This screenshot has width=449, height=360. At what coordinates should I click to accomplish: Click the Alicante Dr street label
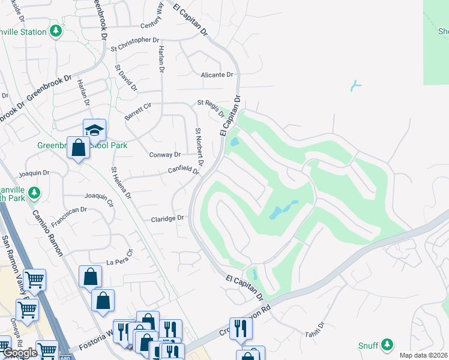pos(217,75)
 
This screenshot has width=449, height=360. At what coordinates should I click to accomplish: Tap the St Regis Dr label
pos(211,108)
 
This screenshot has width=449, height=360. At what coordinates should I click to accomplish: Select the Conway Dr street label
pos(164,155)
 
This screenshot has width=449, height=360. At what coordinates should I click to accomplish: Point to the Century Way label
pos(155,26)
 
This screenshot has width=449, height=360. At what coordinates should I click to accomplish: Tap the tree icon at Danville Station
pos(56,31)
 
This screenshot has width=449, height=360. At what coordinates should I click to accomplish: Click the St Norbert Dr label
pos(199,147)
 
